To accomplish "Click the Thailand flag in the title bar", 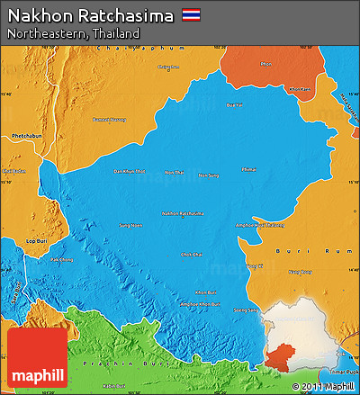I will pos(192,15).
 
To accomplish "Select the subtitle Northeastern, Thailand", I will pos(73,33).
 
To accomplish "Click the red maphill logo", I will pos(37,357).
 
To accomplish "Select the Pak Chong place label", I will pos(61,259).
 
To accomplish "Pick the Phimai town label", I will pos(249,168).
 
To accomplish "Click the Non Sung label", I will pos(208,175).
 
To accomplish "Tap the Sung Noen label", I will pos(130,225).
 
